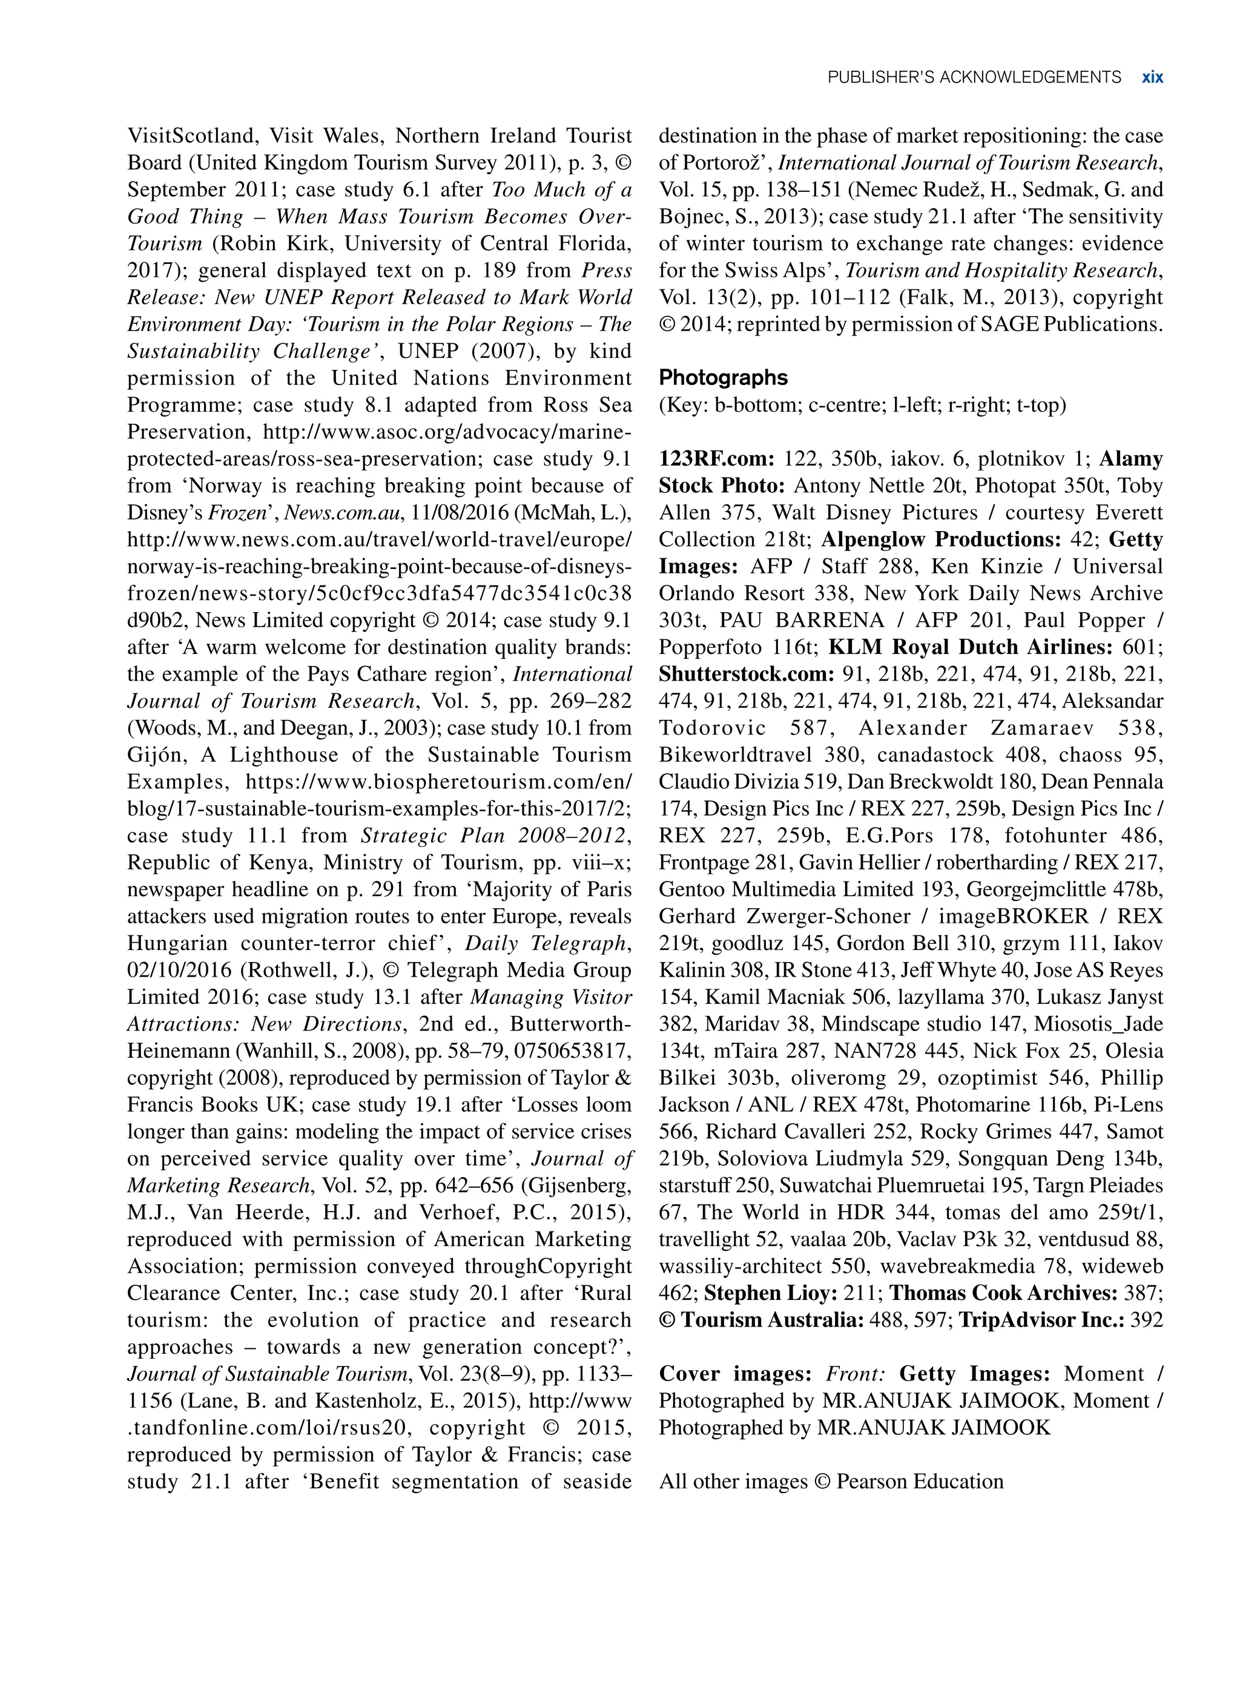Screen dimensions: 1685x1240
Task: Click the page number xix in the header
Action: click(x=1152, y=77)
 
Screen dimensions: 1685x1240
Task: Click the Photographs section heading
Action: click(x=723, y=378)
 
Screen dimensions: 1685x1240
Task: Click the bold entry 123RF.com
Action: click(x=716, y=458)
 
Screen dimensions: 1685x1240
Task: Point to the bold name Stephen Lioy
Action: click(x=770, y=1293)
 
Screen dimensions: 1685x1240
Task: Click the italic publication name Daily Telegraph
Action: click(x=547, y=943)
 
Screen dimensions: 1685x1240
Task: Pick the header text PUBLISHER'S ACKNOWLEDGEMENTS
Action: click(x=974, y=77)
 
